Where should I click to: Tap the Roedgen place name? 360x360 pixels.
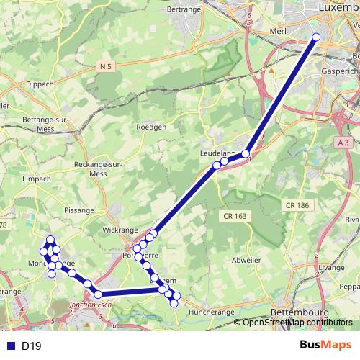point(151,127)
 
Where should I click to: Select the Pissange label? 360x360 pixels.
point(79,211)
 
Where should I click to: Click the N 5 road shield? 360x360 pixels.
point(106,66)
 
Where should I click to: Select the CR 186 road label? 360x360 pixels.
point(297,205)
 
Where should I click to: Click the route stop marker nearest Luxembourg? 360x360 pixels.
point(315,37)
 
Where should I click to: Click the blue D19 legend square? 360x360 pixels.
point(9,346)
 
